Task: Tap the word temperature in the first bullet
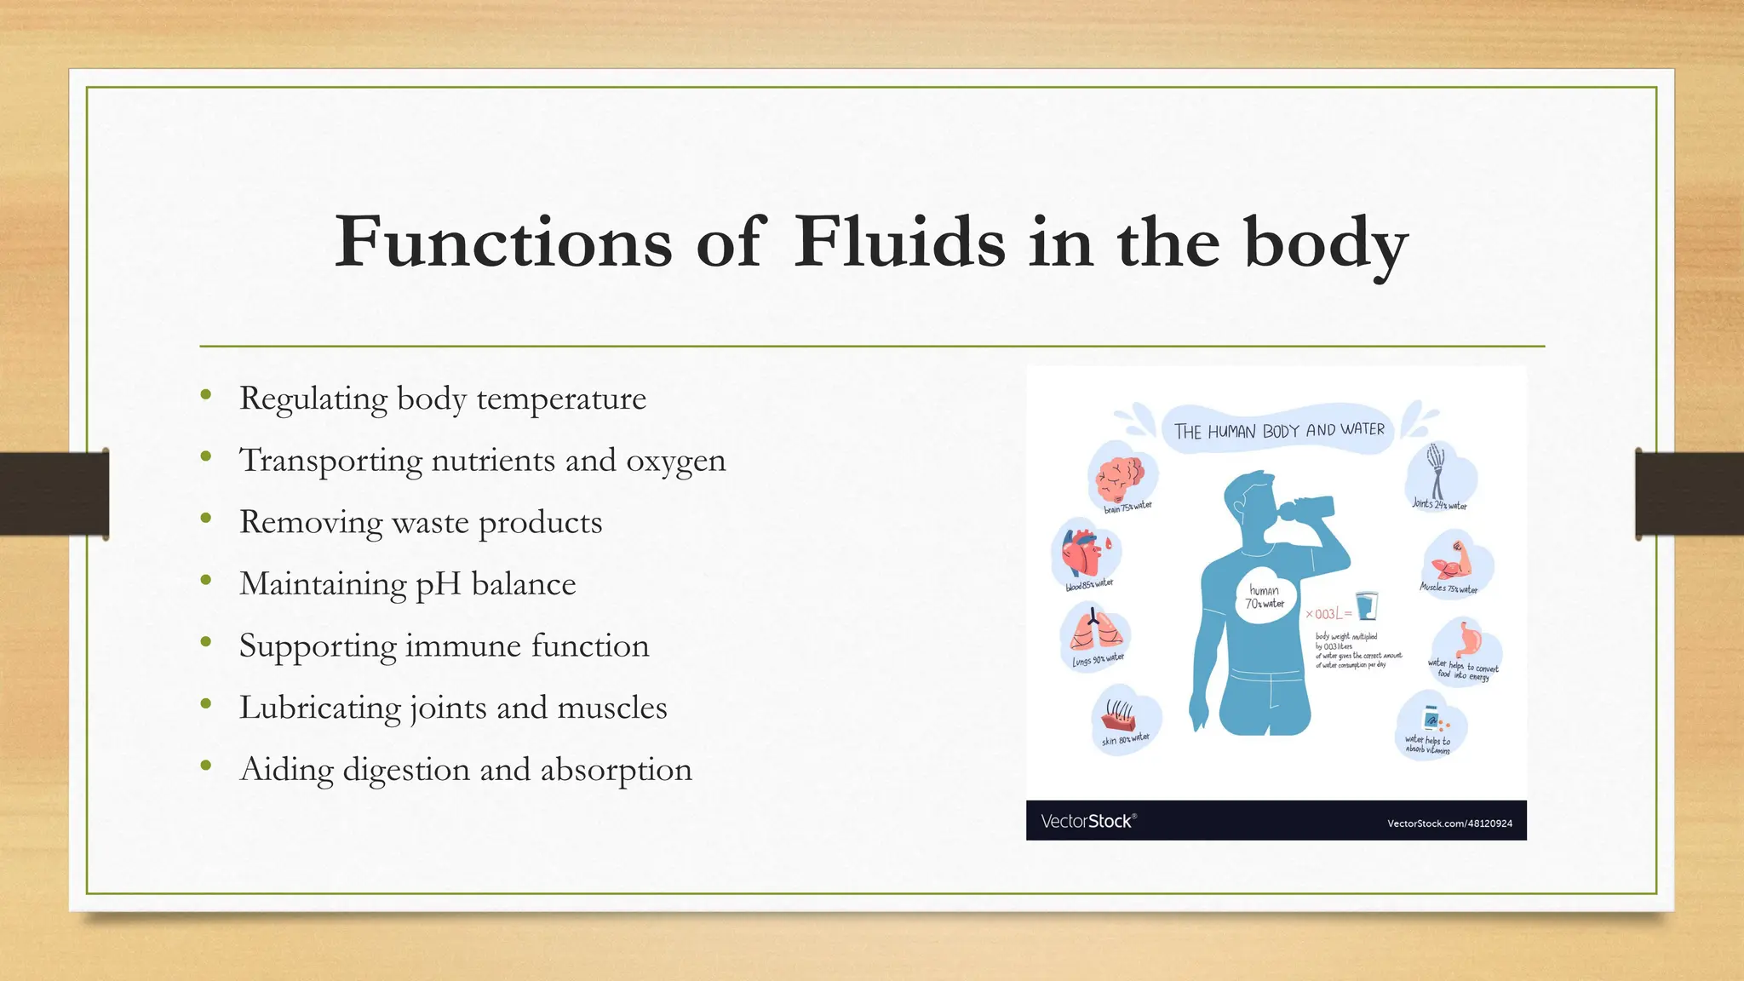(561, 399)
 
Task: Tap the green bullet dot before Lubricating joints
(205, 703)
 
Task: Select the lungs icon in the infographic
(1093, 631)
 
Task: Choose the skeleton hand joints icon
(1437, 470)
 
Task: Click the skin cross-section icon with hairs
(1121, 715)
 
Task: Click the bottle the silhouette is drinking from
(1306, 508)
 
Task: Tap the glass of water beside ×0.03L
(1367, 606)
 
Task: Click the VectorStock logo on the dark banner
(1087, 822)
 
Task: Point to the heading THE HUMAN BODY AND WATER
(1279, 431)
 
